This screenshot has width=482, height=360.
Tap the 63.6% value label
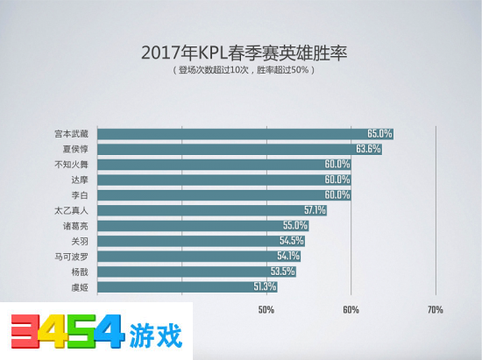(x=368, y=149)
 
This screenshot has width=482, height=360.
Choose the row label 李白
(x=78, y=194)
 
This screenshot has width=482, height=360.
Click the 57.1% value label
(x=315, y=210)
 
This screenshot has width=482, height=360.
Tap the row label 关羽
(x=78, y=240)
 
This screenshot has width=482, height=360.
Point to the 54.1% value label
(x=289, y=256)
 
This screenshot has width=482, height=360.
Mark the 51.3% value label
(x=266, y=286)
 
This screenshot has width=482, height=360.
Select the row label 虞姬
(x=78, y=286)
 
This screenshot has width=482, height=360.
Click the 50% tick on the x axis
(x=266, y=309)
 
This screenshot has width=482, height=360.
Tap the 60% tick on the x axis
(x=351, y=309)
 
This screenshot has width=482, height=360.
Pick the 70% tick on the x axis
(x=435, y=309)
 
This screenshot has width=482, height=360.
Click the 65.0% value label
(x=379, y=133)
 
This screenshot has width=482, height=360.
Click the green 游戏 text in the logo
(x=159, y=335)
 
